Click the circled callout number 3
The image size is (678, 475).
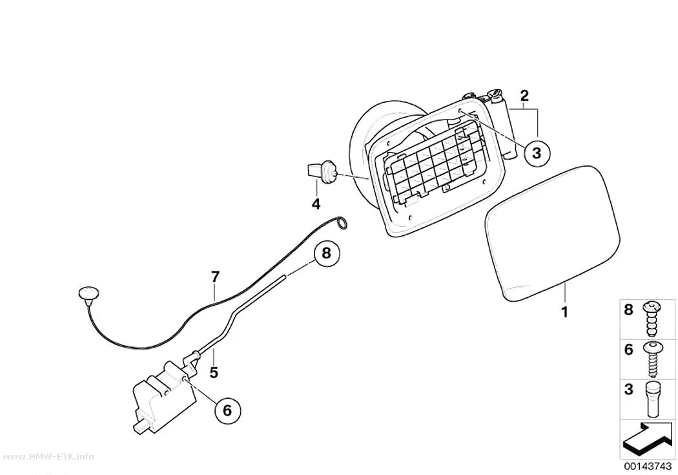(537, 153)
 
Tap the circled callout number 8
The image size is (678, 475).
(327, 253)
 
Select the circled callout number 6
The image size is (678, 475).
(227, 410)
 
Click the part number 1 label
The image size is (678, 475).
(564, 311)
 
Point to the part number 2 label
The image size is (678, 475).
(524, 96)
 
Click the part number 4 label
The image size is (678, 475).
(316, 204)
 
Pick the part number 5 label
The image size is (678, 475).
(214, 372)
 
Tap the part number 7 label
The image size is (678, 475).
(215, 276)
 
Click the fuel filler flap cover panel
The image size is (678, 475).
(553, 233)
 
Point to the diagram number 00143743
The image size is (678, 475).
(647, 466)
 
